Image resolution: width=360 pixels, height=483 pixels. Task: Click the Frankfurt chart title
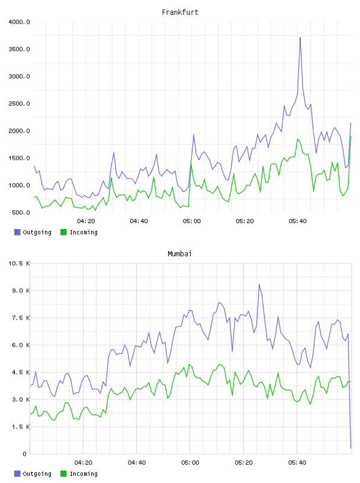180,12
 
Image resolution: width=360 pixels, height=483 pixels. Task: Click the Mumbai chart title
179,254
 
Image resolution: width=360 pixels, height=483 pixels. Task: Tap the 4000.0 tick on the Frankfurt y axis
19,22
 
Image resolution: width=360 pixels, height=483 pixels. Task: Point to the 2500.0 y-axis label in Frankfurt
19,104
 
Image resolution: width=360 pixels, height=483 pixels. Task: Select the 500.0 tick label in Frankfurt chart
21,212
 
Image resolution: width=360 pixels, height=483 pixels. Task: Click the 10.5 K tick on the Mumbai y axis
19,263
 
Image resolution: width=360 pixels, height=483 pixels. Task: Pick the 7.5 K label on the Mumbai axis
21,318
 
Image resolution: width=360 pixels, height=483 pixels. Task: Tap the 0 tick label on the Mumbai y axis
25,454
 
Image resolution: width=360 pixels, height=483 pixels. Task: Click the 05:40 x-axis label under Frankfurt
298,221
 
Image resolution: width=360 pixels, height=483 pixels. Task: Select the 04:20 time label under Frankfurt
86,221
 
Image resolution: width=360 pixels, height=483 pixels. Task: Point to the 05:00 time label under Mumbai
190,463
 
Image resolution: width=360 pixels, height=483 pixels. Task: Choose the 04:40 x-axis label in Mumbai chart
137,463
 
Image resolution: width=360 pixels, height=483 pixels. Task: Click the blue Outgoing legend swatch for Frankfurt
17,232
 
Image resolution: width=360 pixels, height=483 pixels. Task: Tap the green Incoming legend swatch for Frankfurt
63,232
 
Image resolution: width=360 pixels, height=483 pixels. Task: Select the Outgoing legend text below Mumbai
37,474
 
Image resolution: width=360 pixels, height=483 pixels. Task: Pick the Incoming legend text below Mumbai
83,474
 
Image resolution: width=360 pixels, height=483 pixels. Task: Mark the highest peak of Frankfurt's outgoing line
300,37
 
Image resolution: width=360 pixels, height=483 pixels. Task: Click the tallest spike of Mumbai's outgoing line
259,284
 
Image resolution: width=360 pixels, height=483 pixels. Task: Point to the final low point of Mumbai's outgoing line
351,448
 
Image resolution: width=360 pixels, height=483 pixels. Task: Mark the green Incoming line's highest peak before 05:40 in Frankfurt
191,163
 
